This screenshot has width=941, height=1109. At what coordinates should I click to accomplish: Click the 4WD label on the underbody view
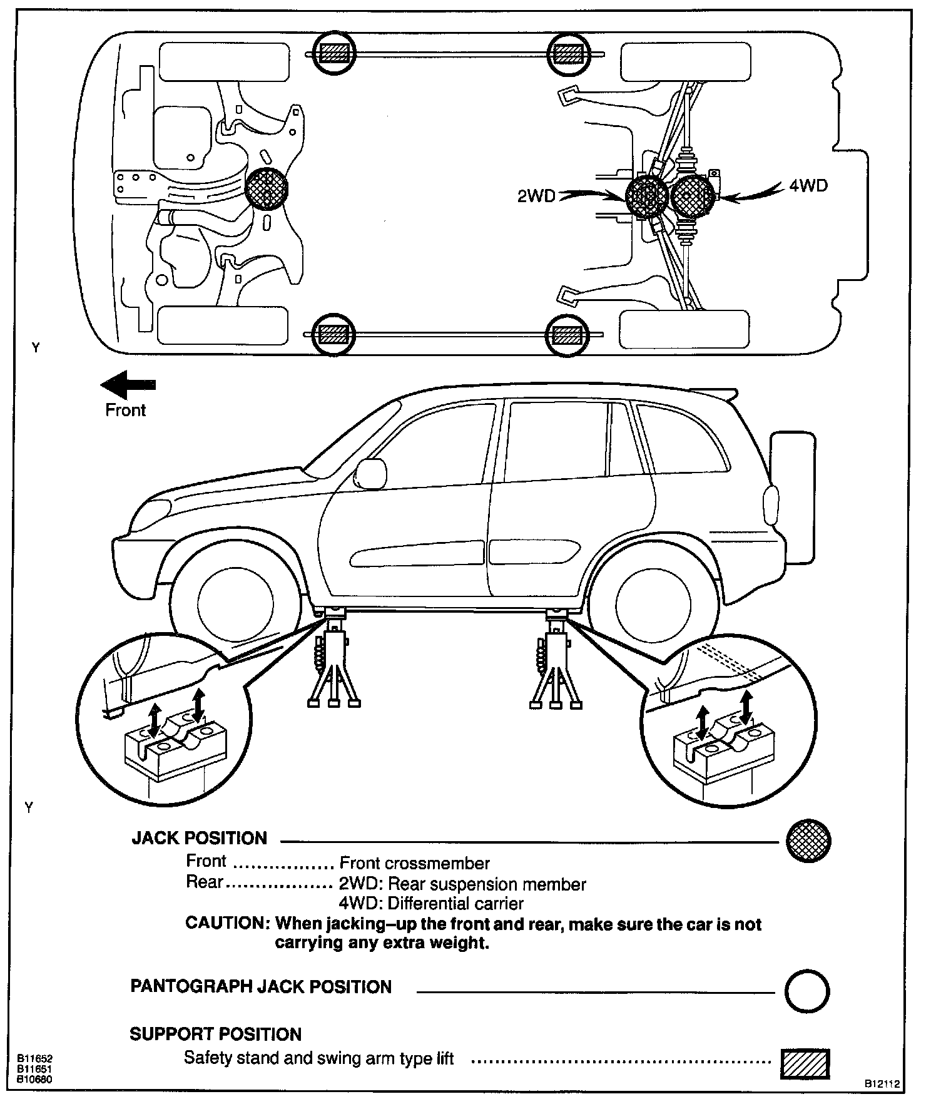point(808,186)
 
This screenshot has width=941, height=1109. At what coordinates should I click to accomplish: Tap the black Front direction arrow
point(128,384)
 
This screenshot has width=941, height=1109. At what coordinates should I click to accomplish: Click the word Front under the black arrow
point(125,411)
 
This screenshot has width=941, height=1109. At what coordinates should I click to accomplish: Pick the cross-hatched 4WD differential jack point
point(693,197)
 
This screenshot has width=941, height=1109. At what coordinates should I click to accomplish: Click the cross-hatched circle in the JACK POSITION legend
point(808,841)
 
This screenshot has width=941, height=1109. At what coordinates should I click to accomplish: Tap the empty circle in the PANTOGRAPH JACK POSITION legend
point(807,991)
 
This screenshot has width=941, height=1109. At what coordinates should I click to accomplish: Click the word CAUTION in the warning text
point(226,923)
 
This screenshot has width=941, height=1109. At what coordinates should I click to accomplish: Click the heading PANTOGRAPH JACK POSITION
point(260,987)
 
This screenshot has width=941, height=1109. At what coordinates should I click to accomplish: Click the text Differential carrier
point(455,903)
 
